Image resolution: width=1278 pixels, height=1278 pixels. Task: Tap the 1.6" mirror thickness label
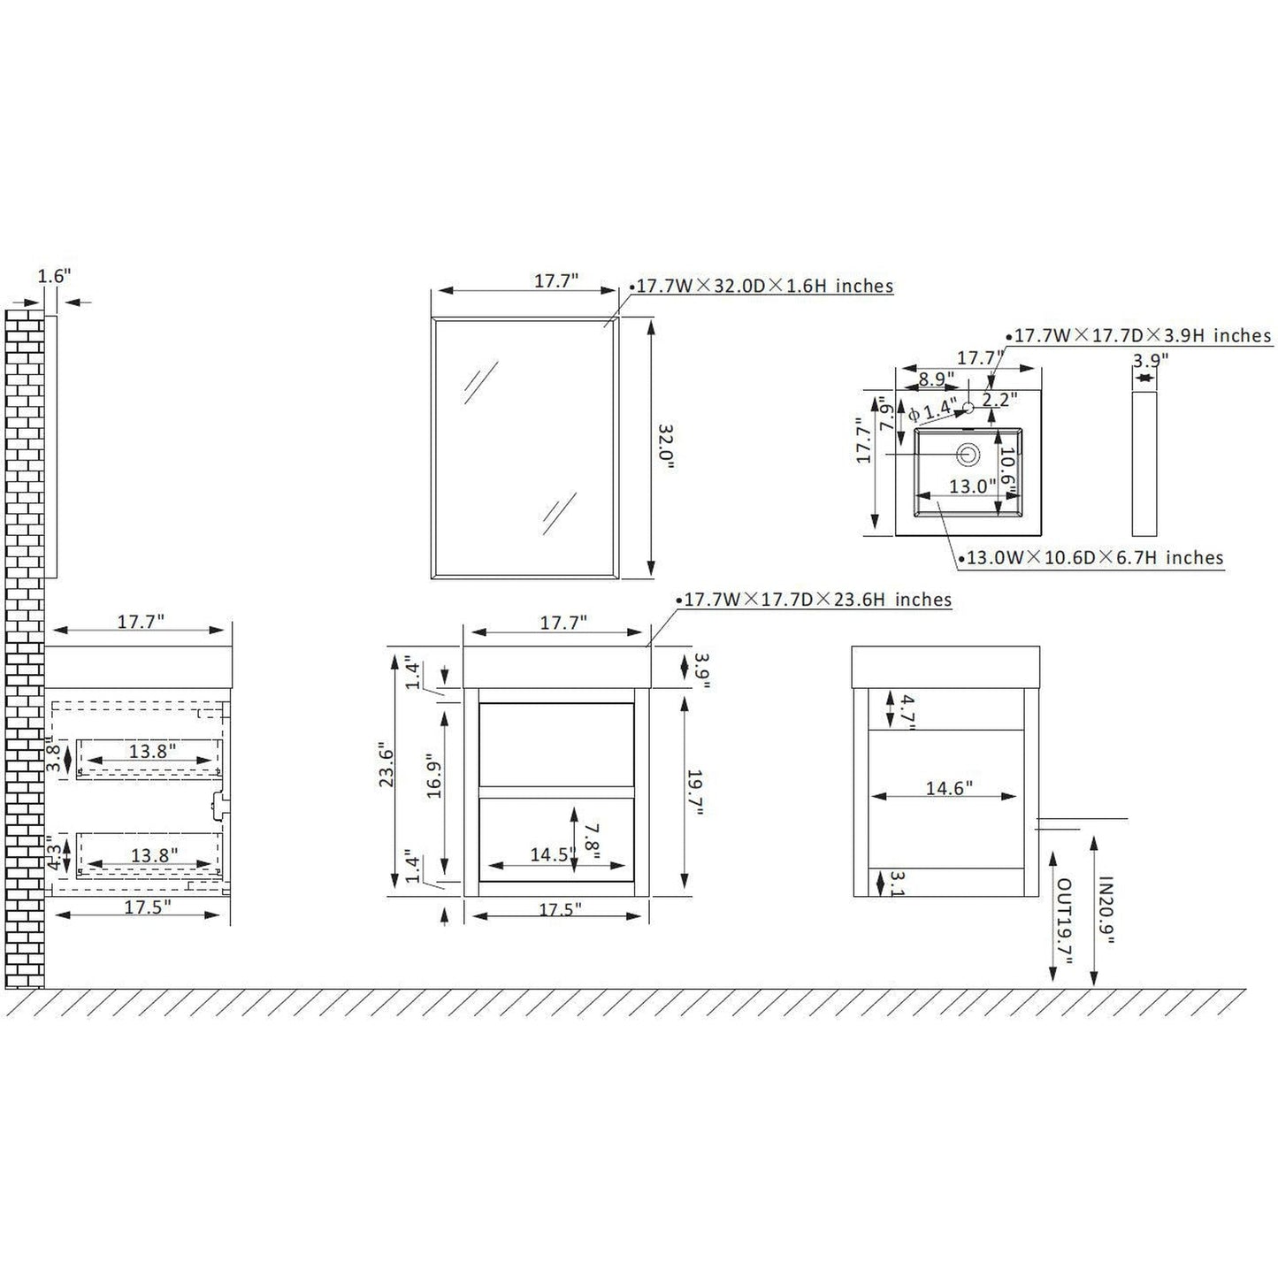(x=54, y=276)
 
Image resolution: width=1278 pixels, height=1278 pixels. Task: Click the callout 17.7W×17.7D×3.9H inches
(x=1139, y=335)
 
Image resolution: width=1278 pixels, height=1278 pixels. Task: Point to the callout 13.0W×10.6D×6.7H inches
(x=1091, y=557)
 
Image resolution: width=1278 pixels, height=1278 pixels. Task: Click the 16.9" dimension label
(x=434, y=776)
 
